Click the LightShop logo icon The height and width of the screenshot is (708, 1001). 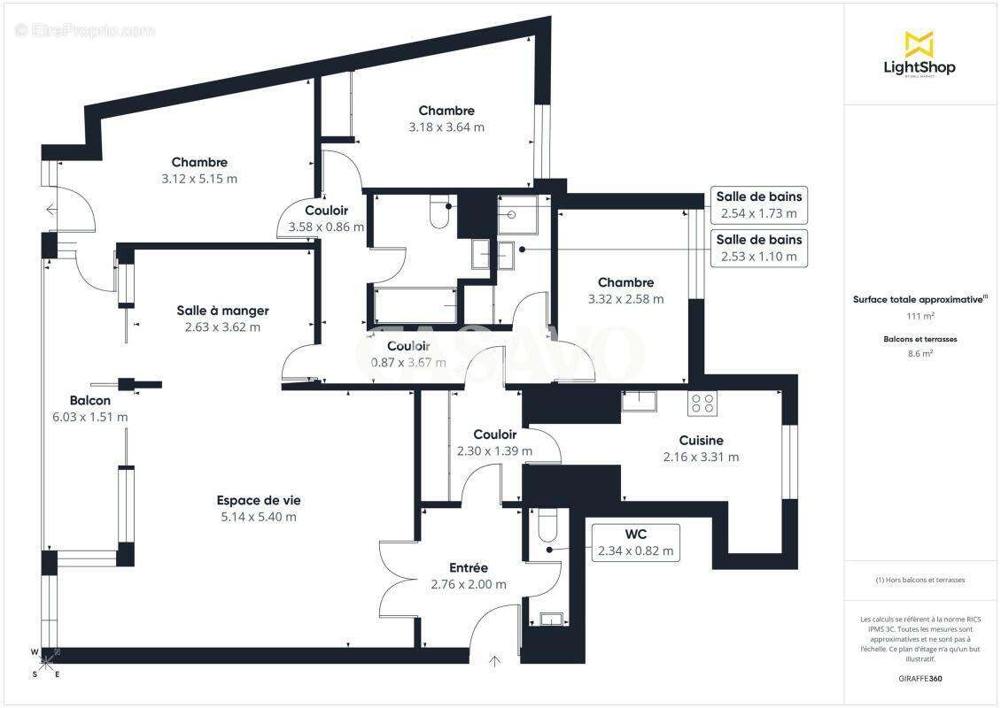(x=919, y=43)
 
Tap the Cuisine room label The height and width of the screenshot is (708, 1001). (x=701, y=440)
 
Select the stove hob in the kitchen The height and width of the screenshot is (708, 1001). (x=702, y=403)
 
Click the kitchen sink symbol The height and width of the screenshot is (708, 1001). (x=637, y=400)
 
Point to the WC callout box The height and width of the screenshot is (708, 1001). (x=635, y=542)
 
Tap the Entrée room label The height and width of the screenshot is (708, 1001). (x=468, y=567)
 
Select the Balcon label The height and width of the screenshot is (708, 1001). (x=90, y=400)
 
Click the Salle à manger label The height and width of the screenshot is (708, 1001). (x=222, y=310)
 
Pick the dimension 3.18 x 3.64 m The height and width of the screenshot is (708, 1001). (x=446, y=127)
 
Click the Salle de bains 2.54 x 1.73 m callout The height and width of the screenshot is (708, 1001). (x=759, y=204)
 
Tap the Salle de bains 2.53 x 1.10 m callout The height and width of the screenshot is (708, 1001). (x=759, y=248)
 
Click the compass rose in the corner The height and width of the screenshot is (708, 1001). (x=47, y=664)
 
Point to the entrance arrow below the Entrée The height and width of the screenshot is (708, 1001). (x=494, y=660)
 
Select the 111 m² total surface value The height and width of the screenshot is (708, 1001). (x=920, y=316)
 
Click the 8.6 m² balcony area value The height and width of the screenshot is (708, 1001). (x=920, y=353)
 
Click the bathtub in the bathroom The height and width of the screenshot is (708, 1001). (x=415, y=304)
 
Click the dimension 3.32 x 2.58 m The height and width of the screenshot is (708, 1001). (x=625, y=299)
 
